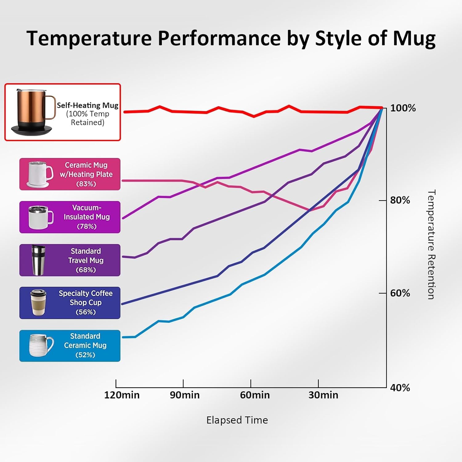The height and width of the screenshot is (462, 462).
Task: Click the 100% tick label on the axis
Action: point(403,108)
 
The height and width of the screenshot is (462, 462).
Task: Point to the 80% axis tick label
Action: point(400,200)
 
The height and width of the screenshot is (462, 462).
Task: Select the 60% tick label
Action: point(400,293)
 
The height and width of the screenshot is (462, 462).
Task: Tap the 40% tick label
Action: point(400,388)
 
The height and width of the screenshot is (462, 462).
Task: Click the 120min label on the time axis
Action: point(122,395)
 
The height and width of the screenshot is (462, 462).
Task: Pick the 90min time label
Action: point(185,395)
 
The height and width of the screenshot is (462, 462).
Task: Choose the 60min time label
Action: point(255,395)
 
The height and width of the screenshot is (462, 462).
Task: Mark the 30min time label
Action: point(323,395)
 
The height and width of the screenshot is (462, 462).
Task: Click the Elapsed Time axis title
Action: point(237,420)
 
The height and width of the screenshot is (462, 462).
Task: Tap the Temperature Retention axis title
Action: point(431,244)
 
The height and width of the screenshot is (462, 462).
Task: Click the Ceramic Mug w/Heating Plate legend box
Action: point(70,174)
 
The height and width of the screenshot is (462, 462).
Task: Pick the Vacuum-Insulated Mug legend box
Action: point(70,217)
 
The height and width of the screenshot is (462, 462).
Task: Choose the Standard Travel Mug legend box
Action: point(70,260)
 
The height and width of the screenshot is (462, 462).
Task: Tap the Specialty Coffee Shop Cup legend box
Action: point(70,303)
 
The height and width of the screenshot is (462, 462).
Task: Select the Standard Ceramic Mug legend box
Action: point(70,346)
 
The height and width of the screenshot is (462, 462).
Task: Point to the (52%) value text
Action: point(85,355)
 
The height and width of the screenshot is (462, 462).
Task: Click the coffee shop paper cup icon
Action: point(38,302)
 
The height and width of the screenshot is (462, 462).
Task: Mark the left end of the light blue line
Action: point(123,337)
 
